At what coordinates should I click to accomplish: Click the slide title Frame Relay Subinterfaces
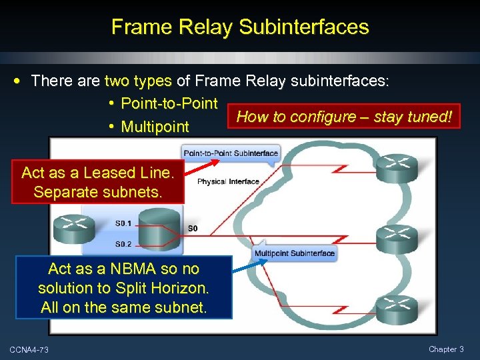click(x=240, y=27)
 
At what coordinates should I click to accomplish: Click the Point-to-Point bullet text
click(x=169, y=103)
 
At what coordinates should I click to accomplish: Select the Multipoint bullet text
click(x=155, y=127)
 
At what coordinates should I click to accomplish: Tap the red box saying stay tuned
click(x=344, y=117)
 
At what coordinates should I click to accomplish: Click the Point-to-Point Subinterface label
click(x=231, y=153)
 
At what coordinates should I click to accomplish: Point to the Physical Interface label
click(x=228, y=181)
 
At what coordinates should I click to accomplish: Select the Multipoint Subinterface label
click(x=294, y=253)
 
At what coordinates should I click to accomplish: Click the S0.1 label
click(x=123, y=223)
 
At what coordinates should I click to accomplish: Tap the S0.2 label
click(x=123, y=244)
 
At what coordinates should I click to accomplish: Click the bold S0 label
click(x=193, y=229)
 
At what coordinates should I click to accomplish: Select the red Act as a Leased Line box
click(x=97, y=183)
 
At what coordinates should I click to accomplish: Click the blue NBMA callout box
click(x=124, y=288)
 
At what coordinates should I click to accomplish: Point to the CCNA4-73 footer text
click(x=29, y=349)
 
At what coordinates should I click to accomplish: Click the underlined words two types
click(x=139, y=81)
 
